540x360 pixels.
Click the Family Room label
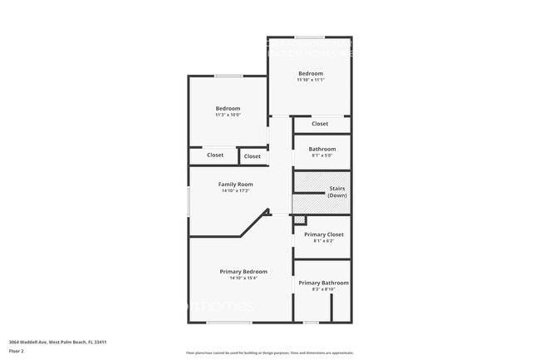pos(236,185)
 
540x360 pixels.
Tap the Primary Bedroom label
pos(243,272)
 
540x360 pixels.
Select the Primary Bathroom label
pos(323,283)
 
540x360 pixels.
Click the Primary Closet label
pos(323,234)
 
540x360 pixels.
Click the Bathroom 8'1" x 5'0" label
pos(322,149)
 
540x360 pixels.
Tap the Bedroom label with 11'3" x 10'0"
pos(228,108)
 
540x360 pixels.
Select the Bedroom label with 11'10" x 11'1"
pos(310,73)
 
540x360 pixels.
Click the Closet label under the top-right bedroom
pos(320,124)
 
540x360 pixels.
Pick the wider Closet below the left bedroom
pos(214,155)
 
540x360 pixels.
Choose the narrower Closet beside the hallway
pos(253,155)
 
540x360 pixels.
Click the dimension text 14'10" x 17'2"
pos(236,191)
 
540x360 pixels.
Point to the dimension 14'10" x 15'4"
pos(243,279)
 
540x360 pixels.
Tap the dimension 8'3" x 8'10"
pos(323,289)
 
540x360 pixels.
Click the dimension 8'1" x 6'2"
pos(323,241)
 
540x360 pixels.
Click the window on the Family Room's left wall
pos(189,201)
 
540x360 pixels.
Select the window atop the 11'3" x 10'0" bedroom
pos(228,76)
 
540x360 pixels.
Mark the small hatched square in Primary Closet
pos(300,219)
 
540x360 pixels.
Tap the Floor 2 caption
pos(17,352)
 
